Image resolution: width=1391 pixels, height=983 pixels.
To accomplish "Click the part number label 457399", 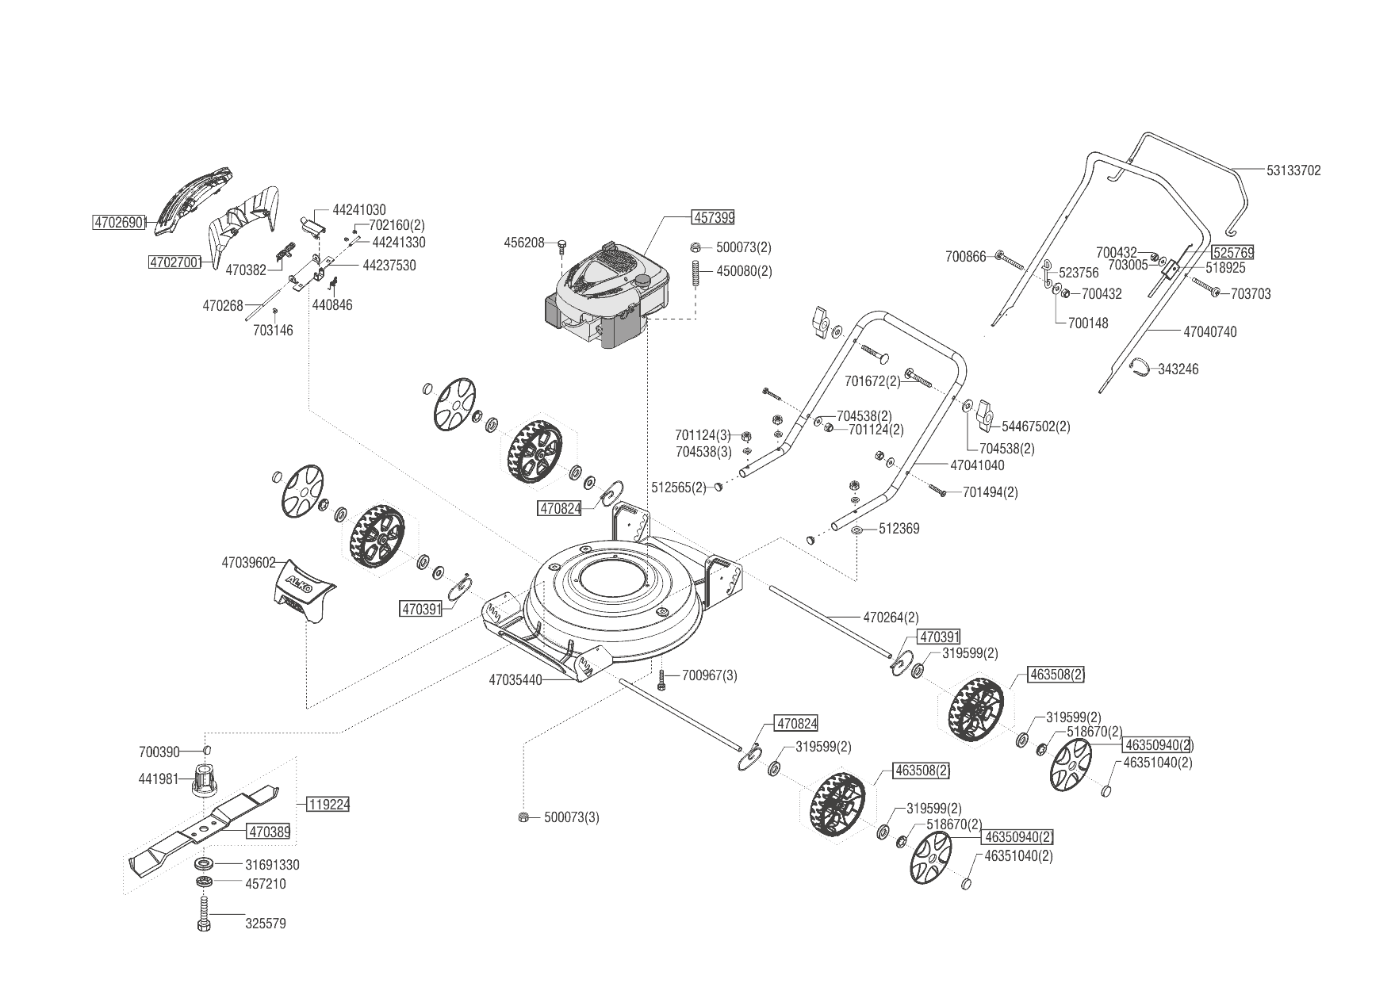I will tap(714, 216).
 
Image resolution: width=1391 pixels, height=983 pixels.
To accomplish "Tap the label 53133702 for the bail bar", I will tap(1293, 170).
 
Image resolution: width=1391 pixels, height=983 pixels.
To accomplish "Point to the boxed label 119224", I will tap(328, 804).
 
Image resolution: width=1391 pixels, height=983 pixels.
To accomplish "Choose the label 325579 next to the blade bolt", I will tap(266, 924).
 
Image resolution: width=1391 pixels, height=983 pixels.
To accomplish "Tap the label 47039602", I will tap(248, 563).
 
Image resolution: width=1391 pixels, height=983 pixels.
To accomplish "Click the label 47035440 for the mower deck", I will tap(515, 679).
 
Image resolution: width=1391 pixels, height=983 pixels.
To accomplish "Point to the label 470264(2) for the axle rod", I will tap(891, 617).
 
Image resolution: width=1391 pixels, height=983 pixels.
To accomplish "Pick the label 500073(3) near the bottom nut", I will tap(572, 817).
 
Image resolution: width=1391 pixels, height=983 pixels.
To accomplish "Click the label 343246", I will tap(1178, 369).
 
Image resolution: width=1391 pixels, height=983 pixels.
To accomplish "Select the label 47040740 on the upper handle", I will tap(1209, 332).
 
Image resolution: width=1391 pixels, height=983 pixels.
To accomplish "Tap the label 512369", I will tap(899, 529).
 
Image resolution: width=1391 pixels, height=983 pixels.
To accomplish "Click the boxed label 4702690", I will tap(119, 223).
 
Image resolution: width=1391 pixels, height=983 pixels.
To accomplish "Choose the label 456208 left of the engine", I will tap(524, 242).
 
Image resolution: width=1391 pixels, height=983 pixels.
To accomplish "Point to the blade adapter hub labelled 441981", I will tap(205, 779).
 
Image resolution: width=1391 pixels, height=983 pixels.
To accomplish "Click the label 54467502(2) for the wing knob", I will tap(1036, 426).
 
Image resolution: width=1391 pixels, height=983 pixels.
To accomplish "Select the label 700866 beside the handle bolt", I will tap(965, 256).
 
